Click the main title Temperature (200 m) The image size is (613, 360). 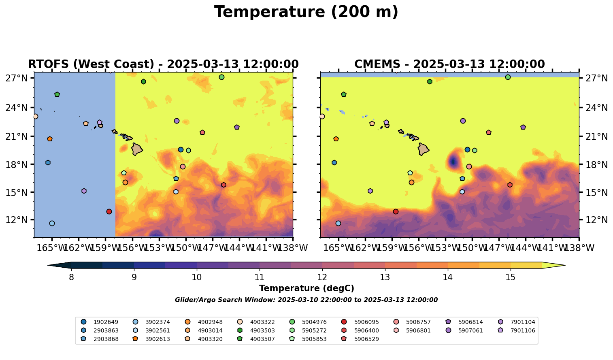click(306, 12)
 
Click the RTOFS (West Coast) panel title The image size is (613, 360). click(163, 64)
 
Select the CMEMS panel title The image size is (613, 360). click(449, 64)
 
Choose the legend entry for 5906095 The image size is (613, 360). click(366, 322)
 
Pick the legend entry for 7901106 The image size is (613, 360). click(523, 331)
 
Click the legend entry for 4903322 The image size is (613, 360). click(262, 322)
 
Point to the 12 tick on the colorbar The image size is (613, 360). click(322, 277)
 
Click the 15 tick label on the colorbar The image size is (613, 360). click(511, 277)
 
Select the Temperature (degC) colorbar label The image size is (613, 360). click(306, 288)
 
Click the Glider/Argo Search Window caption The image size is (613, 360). click(306, 300)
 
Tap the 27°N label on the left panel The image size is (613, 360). click(16, 78)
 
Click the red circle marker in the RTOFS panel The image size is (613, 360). click(109, 212)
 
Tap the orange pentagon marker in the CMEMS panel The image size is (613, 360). click(336, 139)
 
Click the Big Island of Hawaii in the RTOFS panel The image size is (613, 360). click(137, 149)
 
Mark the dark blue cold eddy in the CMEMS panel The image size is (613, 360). click(453, 162)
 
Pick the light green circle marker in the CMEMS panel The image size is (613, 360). click(508, 77)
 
